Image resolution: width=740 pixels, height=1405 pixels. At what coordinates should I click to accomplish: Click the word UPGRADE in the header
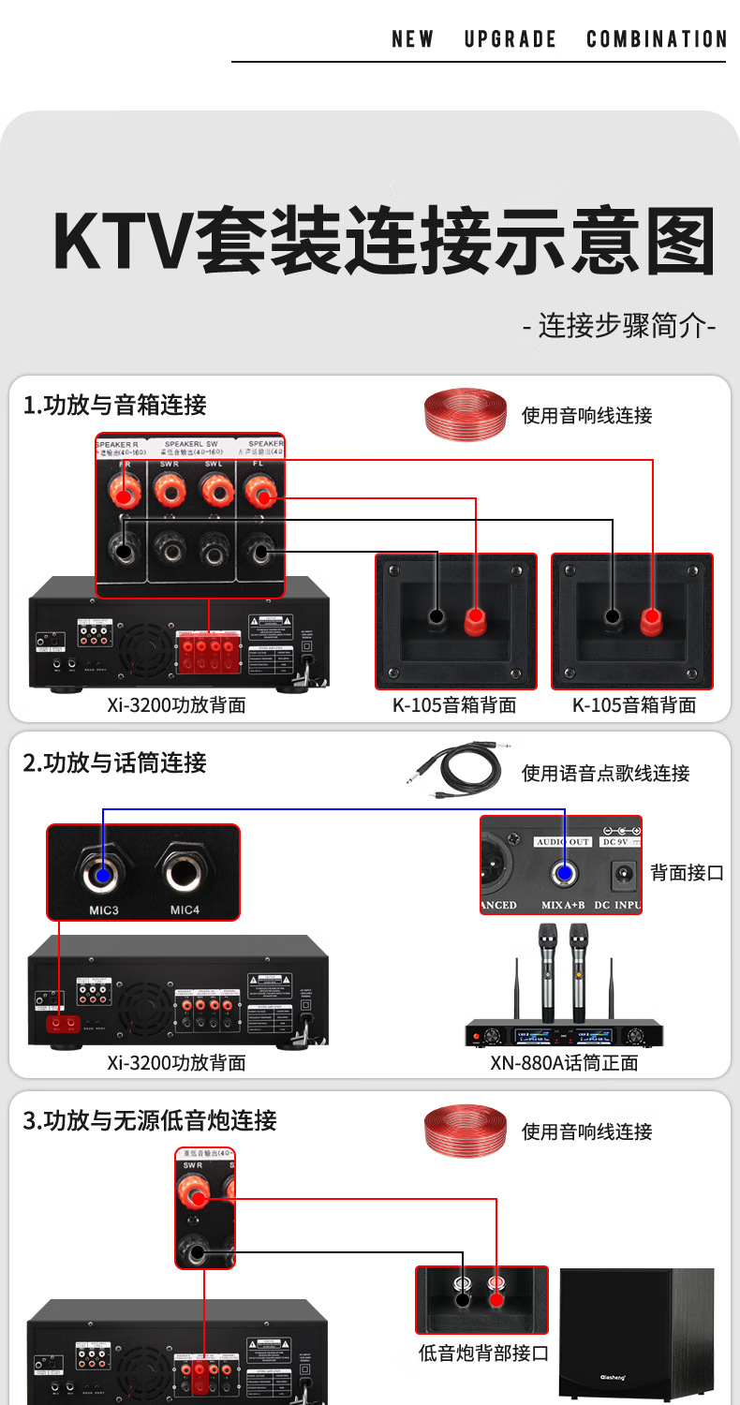[x=511, y=39]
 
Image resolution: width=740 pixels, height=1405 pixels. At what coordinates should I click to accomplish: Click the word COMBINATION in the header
[x=657, y=39]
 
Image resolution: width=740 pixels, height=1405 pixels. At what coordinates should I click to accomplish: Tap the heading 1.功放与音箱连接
[x=114, y=406]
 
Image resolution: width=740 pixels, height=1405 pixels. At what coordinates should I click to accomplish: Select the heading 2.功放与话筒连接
[x=114, y=762]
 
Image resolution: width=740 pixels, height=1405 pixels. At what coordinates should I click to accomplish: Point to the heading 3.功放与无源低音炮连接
[x=150, y=1120]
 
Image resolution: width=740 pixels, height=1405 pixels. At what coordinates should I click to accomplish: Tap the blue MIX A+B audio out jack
[x=563, y=874]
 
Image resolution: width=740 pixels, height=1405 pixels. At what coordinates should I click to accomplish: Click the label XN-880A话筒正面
[x=564, y=1063]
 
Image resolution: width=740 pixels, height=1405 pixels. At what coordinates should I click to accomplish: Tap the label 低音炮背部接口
[x=482, y=1353]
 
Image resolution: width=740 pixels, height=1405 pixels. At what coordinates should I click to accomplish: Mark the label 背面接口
[x=688, y=872]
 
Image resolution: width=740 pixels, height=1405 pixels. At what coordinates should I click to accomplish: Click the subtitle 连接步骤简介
[x=618, y=327]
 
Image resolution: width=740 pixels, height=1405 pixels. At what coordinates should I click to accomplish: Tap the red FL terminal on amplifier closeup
[x=259, y=489]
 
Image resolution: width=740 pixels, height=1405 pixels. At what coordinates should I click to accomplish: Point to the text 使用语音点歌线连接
[x=605, y=774]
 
